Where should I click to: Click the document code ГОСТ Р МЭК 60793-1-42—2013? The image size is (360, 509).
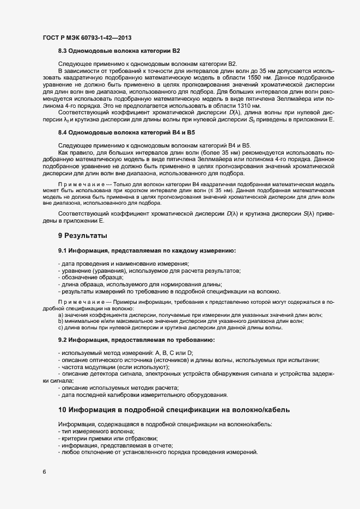tap(87, 38)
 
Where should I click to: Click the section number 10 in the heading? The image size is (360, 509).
tap(62, 409)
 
